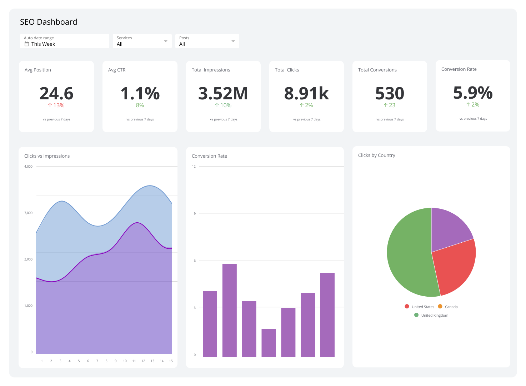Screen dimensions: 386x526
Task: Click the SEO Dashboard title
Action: point(49,22)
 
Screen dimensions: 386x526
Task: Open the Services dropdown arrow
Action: point(166,41)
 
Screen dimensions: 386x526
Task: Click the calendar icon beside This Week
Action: point(27,44)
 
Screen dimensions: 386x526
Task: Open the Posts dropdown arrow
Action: point(233,41)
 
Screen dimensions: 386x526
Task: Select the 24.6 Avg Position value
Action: point(56,93)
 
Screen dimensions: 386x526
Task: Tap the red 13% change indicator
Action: point(56,105)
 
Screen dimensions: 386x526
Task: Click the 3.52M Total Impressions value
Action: point(223,93)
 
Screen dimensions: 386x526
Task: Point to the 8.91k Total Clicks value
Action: point(306,93)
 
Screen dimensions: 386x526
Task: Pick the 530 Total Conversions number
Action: point(390,93)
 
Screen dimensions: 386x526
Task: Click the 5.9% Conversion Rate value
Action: point(473,93)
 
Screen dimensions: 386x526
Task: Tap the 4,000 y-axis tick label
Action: point(28,167)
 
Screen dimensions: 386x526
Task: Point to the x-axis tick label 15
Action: point(171,361)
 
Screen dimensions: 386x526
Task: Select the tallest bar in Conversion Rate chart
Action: point(230,310)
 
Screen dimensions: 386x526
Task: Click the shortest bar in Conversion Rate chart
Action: point(269,343)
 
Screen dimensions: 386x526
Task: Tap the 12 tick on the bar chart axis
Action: point(194,167)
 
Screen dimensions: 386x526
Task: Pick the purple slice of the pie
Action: point(448,229)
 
